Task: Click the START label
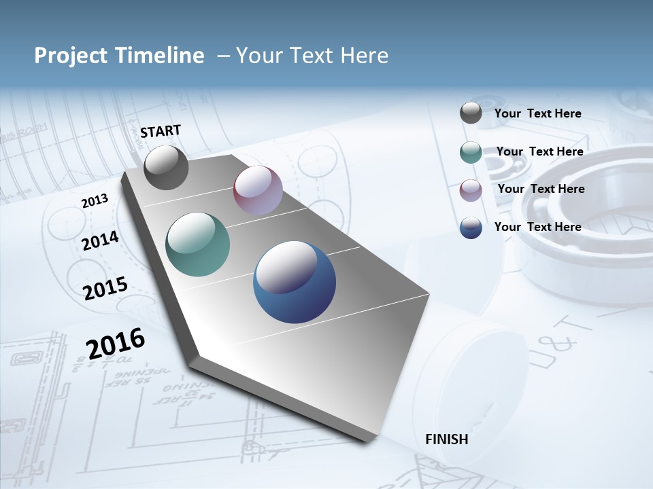tap(161, 131)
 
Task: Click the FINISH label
tap(446, 439)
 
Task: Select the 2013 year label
tap(95, 200)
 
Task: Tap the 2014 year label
tap(100, 240)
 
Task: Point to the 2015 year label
tap(105, 288)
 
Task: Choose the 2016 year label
tap(116, 343)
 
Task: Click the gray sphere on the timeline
tap(166, 167)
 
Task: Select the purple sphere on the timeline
tap(258, 190)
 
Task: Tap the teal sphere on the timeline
tap(197, 244)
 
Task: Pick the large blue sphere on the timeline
tap(295, 282)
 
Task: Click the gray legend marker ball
tap(471, 113)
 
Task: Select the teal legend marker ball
tap(471, 152)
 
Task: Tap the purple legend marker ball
tap(471, 190)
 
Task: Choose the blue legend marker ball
tap(471, 228)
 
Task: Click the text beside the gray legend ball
tap(537, 113)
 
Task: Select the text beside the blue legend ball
tap(537, 227)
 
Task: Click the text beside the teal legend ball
tap(539, 151)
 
